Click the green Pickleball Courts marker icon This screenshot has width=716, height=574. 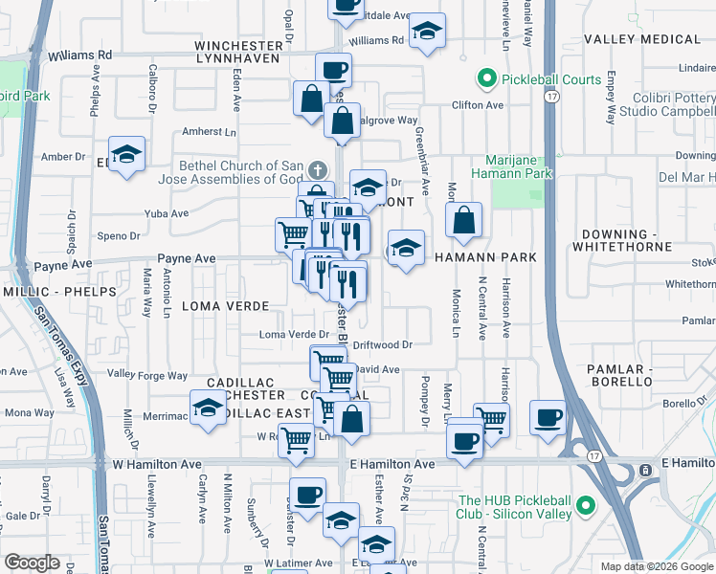486,79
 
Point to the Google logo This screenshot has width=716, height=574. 32,563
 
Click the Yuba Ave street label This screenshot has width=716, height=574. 166,214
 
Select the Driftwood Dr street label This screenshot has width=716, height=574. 382,344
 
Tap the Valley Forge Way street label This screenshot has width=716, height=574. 147,374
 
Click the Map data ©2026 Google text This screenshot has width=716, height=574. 657,566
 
